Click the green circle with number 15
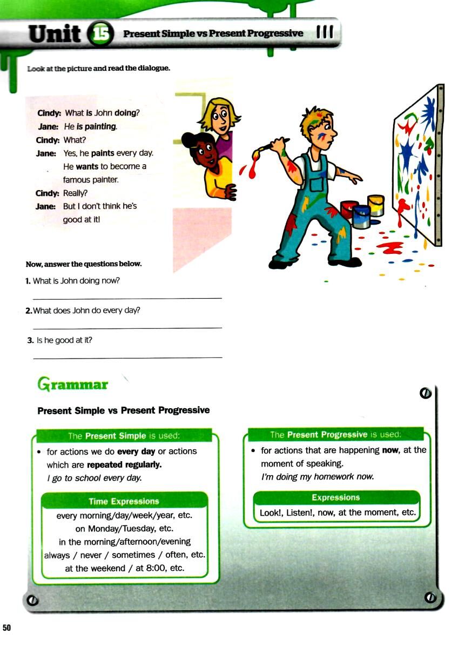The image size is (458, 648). coord(100,35)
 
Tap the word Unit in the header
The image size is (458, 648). coord(55,34)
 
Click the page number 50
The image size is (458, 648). coord(7,627)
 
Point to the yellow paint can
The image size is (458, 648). coord(376,205)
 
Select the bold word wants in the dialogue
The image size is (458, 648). coord(87,166)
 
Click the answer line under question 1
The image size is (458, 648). coord(127,298)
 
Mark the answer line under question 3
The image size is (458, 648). coord(127,357)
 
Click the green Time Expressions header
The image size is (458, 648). coord(124,501)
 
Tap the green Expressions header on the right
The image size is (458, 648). coord(335,497)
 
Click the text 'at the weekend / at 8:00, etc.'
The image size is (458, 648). coord(125,568)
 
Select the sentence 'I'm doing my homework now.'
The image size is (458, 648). coord(318,477)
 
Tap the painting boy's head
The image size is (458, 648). coord(319,126)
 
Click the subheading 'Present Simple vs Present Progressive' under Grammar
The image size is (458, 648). coord(123,410)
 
